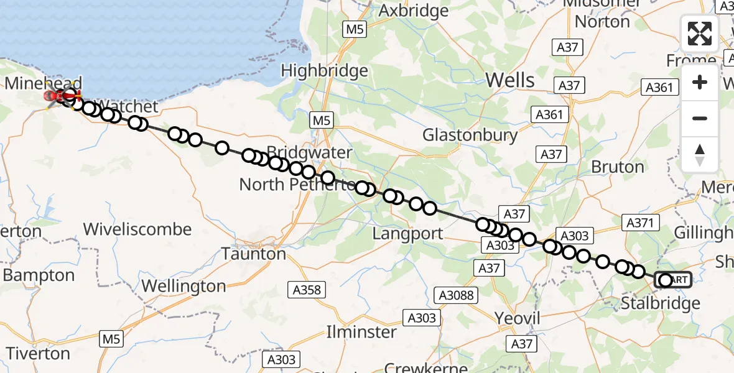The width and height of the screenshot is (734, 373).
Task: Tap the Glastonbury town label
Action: click(x=470, y=135)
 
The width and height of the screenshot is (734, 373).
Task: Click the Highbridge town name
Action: click(x=324, y=70)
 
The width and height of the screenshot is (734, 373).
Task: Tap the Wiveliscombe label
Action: click(x=137, y=229)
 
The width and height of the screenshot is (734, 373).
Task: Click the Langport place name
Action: click(x=407, y=234)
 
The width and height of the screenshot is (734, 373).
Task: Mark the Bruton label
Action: click(x=617, y=167)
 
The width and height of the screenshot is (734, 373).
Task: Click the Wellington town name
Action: click(x=183, y=286)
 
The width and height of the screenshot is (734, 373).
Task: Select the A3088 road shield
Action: click(x=456, y=295)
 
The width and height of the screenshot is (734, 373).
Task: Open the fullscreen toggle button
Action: click(x=700, y=34)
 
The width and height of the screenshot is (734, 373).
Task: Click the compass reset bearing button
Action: click(x=700, y=154)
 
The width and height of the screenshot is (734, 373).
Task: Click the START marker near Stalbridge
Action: click(x=673, y=280)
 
